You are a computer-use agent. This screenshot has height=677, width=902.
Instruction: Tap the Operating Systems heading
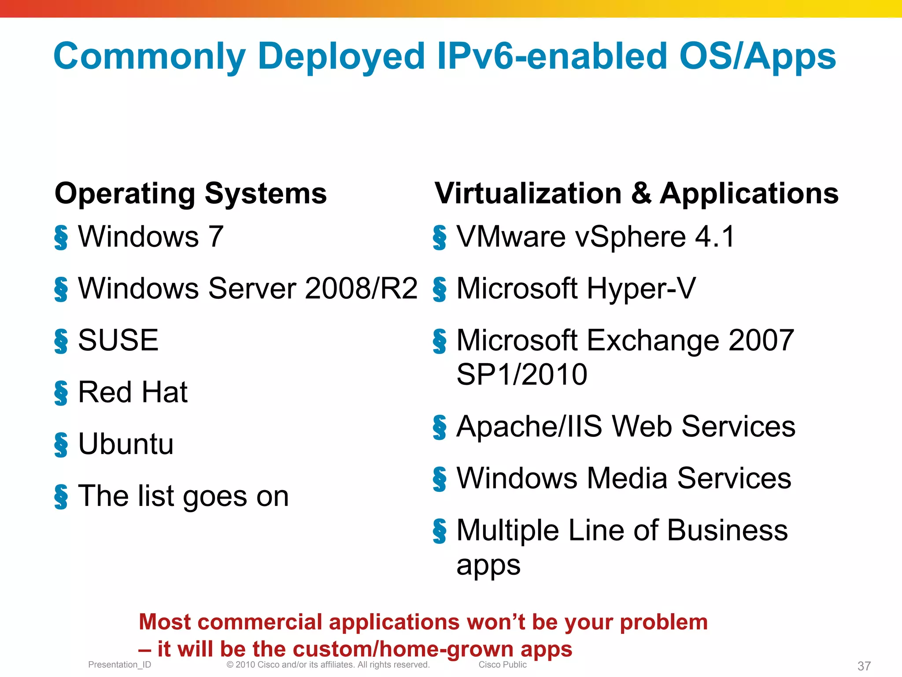tap(191, 193)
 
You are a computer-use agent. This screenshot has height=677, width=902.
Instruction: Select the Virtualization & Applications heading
tap(636, 193)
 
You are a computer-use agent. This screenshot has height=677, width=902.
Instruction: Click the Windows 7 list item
tap(151, 237)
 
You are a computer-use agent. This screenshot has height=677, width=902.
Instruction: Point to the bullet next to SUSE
tap(61, 341)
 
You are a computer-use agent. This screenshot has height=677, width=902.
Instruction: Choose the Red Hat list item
tap(133, 392)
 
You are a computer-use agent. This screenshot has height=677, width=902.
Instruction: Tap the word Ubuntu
tap(126, 444)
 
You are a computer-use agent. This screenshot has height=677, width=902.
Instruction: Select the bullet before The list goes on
tap(61, 497)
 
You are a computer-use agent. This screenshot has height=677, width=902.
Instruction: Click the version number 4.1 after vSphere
tap(715, 237)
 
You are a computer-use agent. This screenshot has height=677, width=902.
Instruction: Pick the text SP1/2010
tap(522, 375)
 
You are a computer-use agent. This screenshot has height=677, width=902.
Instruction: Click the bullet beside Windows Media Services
tap(440, 479)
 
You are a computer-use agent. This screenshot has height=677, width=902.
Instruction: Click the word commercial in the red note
tap(261, 622)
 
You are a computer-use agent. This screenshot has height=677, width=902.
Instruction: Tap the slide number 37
tap(864, 666)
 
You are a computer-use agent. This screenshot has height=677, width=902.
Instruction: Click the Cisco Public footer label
tap(503, 665)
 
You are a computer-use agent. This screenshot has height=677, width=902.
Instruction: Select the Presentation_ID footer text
tap(119, 665)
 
